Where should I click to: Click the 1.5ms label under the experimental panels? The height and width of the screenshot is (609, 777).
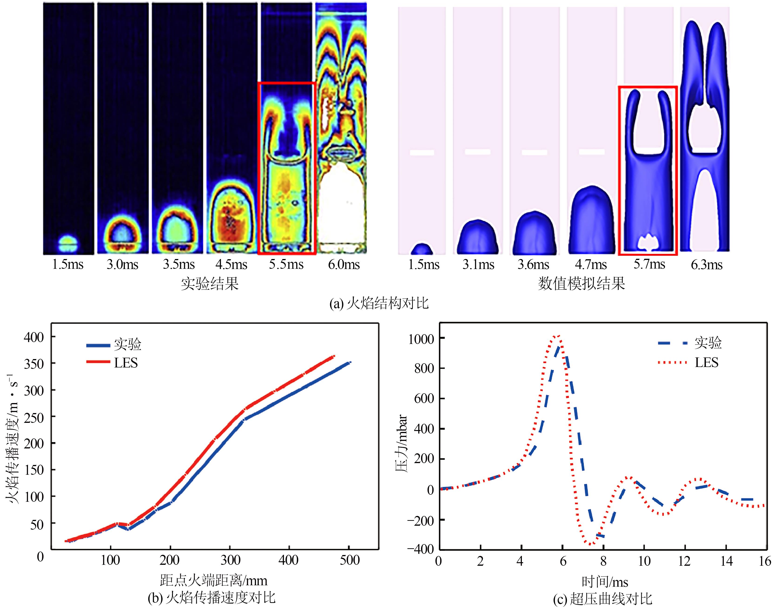click(x=68, y=265)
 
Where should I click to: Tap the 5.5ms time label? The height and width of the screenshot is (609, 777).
click(x=286, y=265)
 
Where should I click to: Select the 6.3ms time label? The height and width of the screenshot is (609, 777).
click(x=707, y=265)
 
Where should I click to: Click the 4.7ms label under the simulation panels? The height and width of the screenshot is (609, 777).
click(x=591, y=265)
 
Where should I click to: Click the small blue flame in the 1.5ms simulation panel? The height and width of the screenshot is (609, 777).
click(x=422, y=249)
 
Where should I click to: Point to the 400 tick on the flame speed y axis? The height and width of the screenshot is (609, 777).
click(x=34, y=337)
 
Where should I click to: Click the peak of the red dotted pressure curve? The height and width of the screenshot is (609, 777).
click(x=557, y=336)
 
